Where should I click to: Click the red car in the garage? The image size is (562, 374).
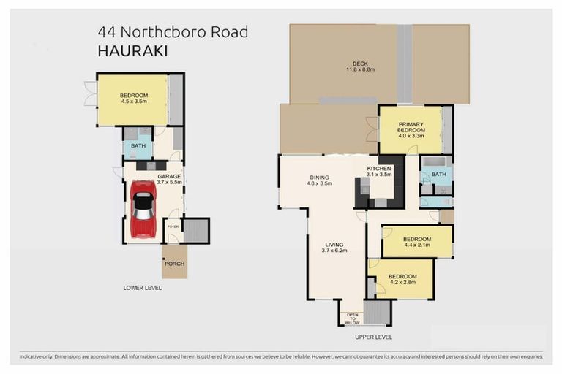click(142, 209)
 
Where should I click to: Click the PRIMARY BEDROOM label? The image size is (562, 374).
click(411, 126)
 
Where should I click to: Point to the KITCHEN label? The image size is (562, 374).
click(379, 169)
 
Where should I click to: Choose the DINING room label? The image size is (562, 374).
click(319, 177)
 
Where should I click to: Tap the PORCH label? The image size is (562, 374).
click(175, 264)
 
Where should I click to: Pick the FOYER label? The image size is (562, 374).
click(173, 226)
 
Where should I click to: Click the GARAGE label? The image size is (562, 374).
click(169, 177)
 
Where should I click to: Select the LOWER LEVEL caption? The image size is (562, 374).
click(143, 288)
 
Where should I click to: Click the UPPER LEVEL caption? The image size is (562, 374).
click(374, 337)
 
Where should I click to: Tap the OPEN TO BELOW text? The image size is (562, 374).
click(352, 317)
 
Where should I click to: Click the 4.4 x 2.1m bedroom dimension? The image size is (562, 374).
click(417, 245)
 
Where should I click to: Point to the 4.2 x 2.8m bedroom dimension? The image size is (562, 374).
click(402, 282)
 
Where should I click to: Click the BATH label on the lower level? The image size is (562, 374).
click(138, 146)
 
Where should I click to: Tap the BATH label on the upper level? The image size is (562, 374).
click(438, 175)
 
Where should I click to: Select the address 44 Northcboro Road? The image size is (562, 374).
click(173, 32)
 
